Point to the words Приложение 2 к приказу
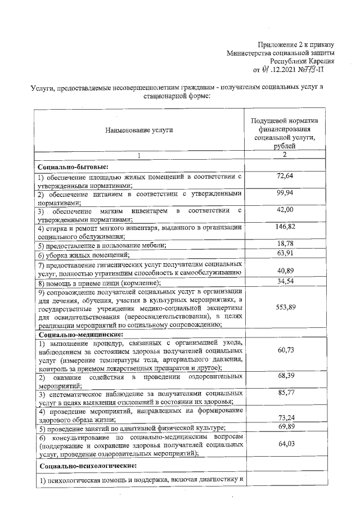[296, 44]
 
